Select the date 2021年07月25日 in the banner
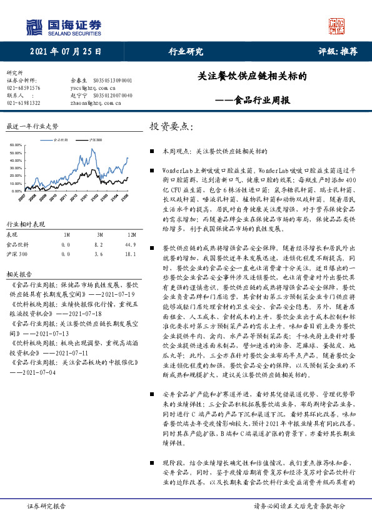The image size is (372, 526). [x=64, y=52]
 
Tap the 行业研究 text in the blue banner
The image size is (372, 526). [x=186, y=52]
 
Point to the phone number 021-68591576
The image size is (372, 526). [x=23, y=88]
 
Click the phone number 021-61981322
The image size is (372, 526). [x=23, y=102]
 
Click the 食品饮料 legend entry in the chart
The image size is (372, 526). [x=61, y=141]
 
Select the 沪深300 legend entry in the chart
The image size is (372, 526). [x=95, y=141]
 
